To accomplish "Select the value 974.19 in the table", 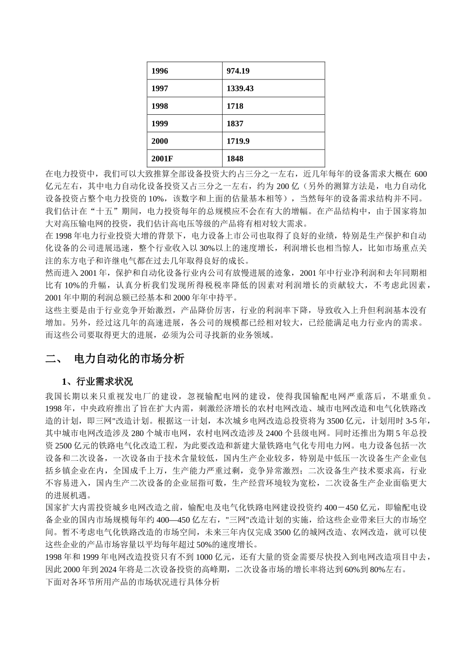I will click(238, 71).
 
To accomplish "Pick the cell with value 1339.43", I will click(240, 88).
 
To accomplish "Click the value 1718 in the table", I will click(235, 106).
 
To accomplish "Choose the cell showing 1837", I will click(235, 124).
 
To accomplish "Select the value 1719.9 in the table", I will click(238, 141).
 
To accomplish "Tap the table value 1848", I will click(235, 159).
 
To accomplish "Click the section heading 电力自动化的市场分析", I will click(129, 358).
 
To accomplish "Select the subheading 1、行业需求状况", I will click(97, 382).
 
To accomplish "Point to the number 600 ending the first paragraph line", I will click(420, 174).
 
